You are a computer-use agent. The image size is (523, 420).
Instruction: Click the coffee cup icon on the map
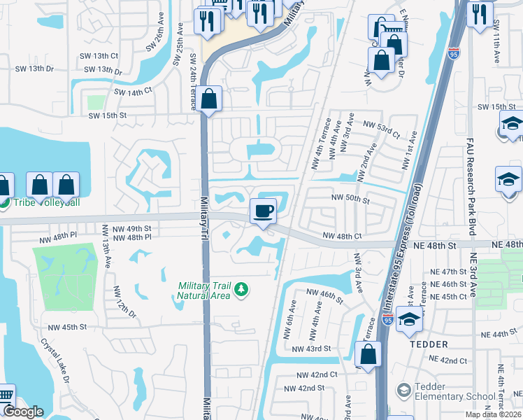263,211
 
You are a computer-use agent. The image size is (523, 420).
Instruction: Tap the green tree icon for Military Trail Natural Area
241,289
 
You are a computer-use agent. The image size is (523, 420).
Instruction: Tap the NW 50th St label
350,199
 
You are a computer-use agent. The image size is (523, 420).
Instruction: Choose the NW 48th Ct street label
342,237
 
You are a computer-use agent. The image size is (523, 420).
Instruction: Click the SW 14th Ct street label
133,92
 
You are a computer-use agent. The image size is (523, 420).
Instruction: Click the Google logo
23,412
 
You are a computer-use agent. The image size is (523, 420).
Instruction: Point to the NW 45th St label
67,327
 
